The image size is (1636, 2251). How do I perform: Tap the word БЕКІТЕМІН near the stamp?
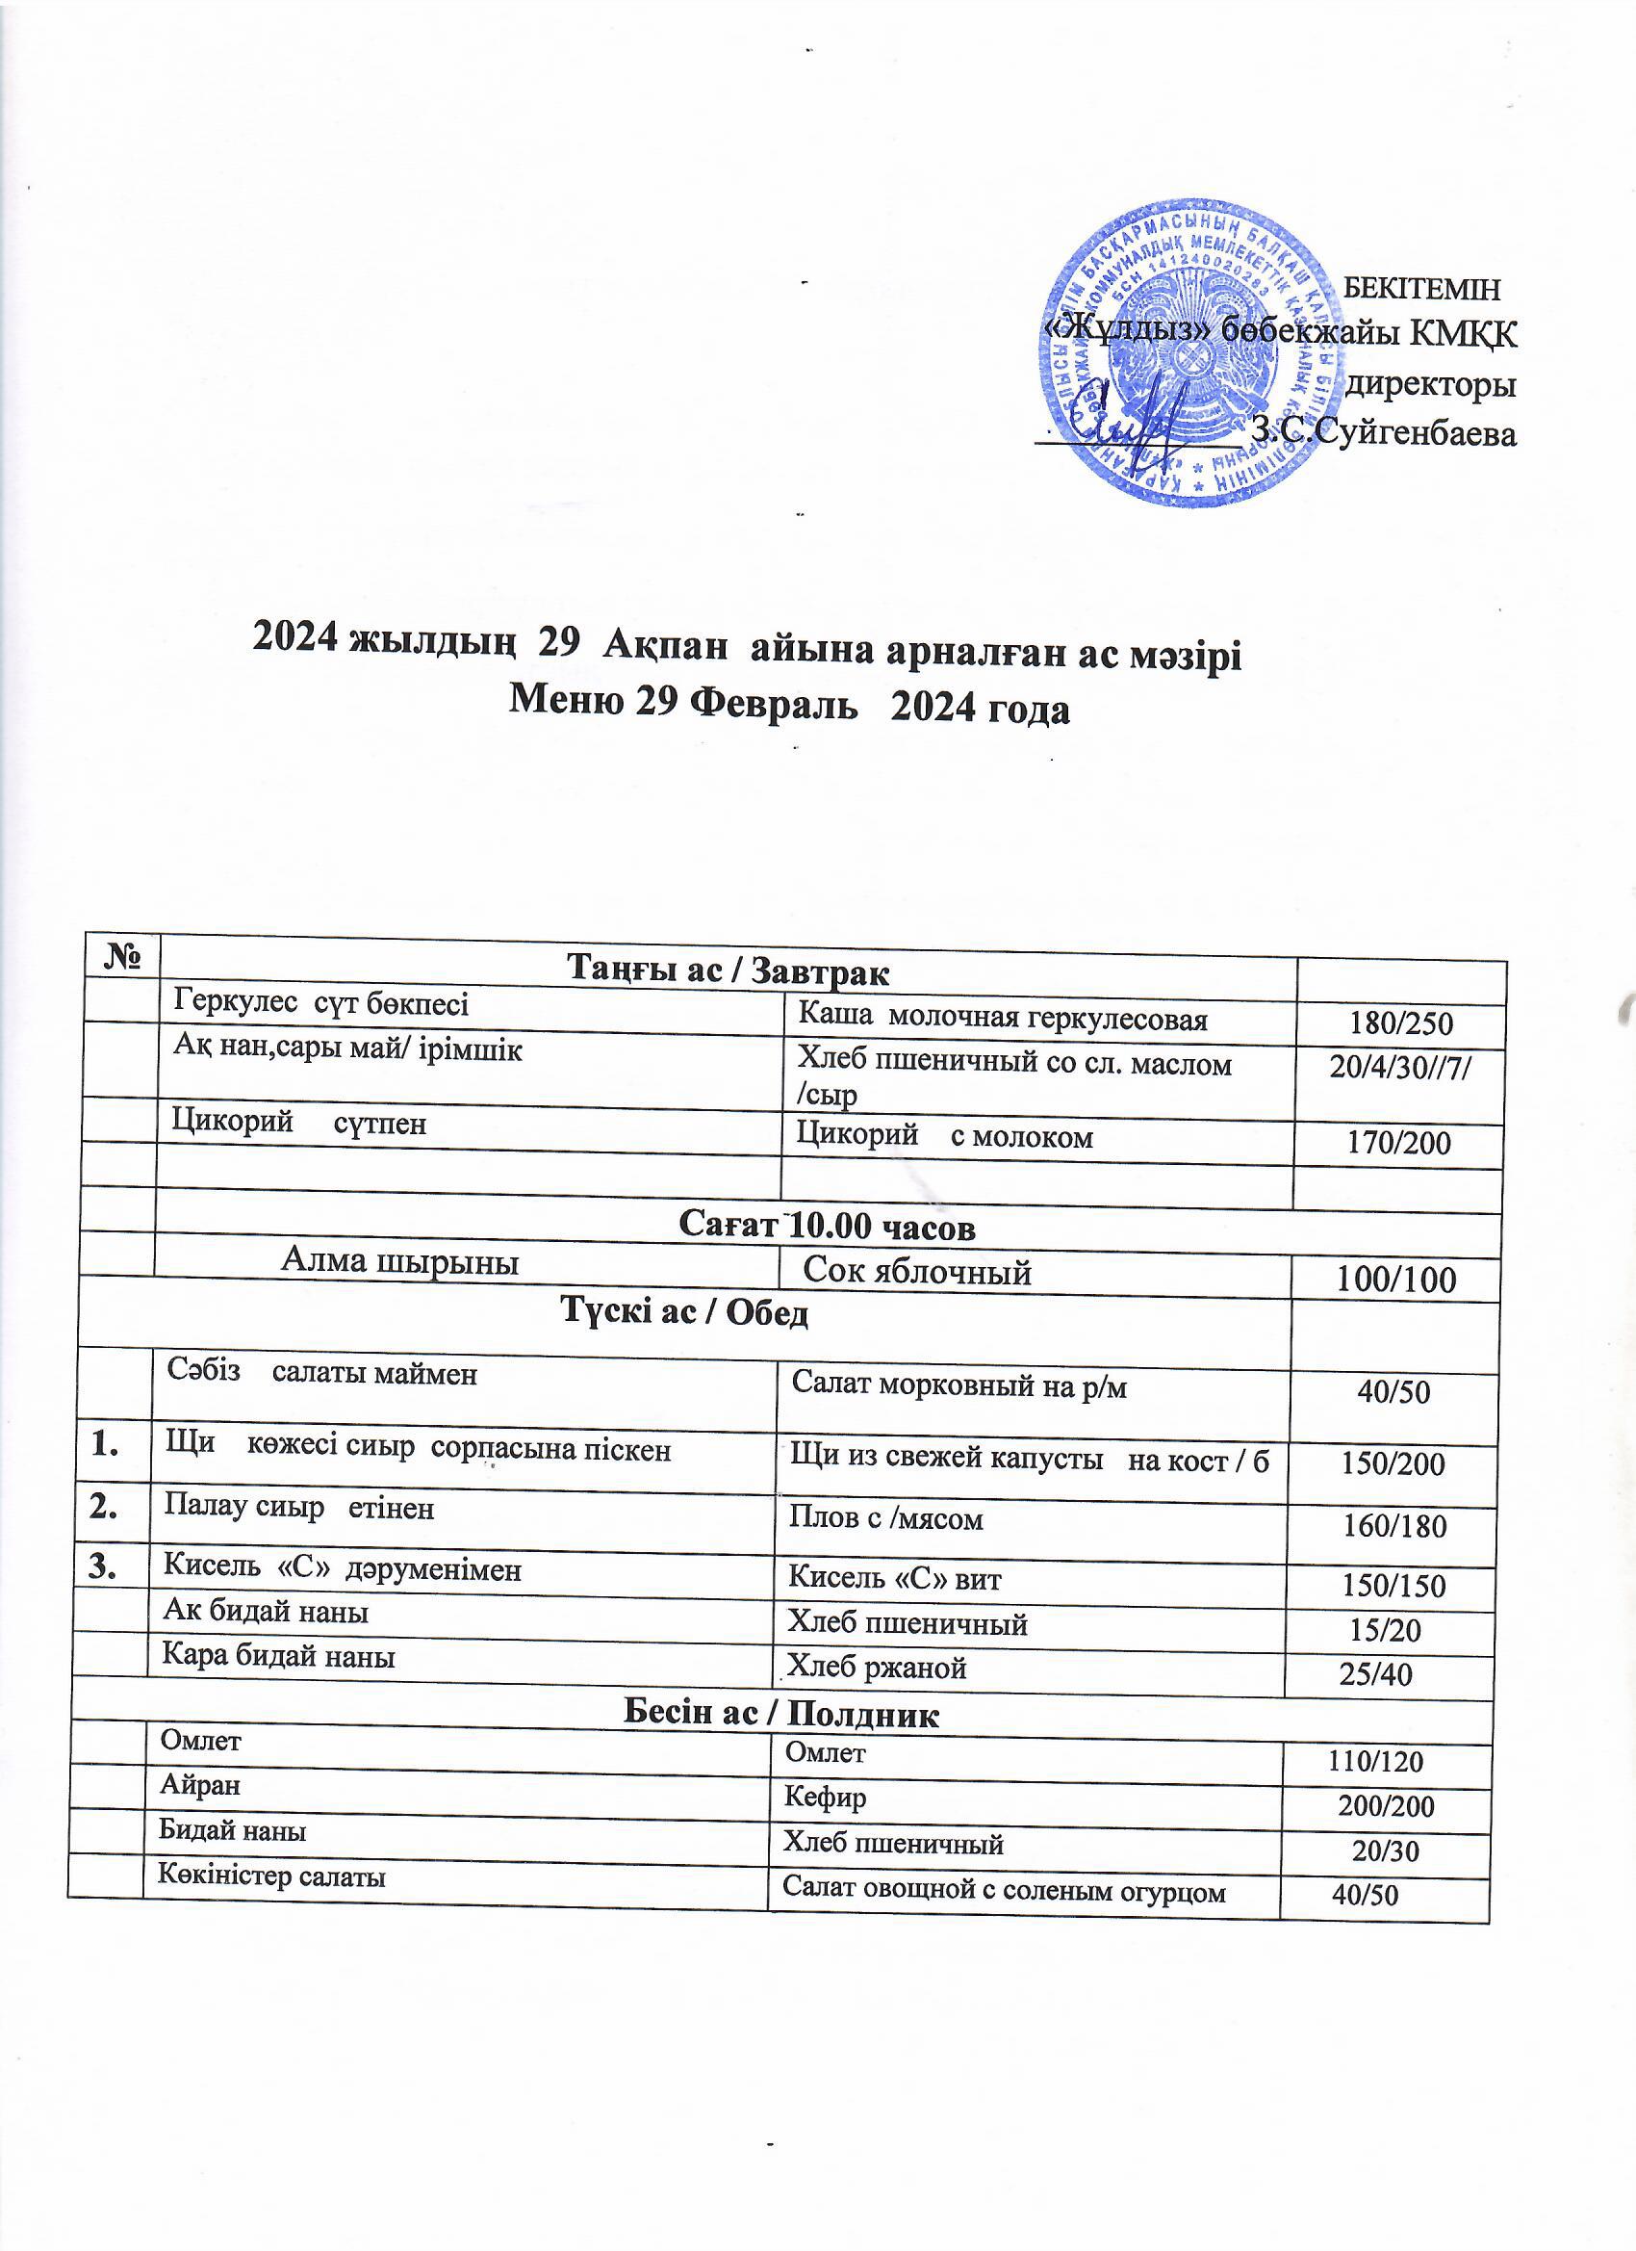click(x=1420, y=288)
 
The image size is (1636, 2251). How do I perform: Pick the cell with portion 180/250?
click(x=1399, y=1024)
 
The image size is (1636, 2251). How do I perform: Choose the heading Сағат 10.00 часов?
click(x=827, y=1228)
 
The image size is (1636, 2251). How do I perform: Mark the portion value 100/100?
click(x=1396, y=1280)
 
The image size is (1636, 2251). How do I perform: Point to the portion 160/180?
click(x=1393, y=1525)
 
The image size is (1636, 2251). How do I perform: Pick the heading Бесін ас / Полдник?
click(x=780, y=1714)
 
